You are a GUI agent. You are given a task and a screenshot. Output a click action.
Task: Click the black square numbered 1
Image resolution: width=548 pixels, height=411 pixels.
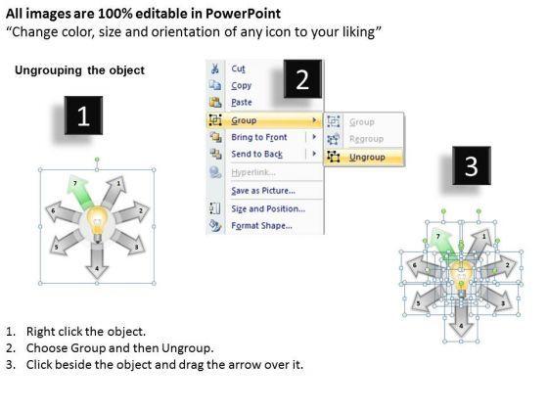click(83, 115)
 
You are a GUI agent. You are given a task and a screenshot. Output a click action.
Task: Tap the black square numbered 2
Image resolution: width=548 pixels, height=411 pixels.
click(302, 79)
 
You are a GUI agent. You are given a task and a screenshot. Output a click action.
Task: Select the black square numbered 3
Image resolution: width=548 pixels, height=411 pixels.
click(472, 165)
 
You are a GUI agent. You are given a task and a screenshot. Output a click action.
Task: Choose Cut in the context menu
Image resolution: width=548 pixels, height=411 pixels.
click(238, 68)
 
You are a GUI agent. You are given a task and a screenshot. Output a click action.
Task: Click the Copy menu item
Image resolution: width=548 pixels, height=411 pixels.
click(241, 86)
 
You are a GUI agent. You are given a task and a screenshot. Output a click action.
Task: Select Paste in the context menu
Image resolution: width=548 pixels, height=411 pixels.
click(242, 103)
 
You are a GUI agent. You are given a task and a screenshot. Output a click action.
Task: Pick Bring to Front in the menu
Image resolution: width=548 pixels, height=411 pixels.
click(259, 137)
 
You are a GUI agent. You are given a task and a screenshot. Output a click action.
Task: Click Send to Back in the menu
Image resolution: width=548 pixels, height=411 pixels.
click(256, 155)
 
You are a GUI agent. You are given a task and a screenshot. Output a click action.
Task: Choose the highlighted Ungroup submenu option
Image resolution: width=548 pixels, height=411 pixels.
click(367, 158)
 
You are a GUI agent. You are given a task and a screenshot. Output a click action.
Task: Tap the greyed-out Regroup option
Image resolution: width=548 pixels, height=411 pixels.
click(366, 139)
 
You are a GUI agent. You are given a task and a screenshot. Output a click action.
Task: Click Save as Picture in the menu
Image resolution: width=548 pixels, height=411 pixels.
click(263, 191)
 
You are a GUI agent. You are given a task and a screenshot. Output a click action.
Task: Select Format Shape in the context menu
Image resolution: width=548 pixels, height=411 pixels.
click(261, 226)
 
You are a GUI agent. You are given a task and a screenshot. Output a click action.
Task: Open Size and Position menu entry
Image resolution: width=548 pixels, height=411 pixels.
click(268, 209)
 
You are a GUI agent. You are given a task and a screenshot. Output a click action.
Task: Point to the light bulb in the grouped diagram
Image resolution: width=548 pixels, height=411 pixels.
click(98, 224)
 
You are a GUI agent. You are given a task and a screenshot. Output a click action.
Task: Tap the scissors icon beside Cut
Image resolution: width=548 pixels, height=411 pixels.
click(215, 68)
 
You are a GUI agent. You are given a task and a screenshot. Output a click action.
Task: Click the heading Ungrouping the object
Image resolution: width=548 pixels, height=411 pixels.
click(79, 70)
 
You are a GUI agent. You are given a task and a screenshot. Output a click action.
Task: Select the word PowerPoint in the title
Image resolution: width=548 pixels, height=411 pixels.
click(243, 14)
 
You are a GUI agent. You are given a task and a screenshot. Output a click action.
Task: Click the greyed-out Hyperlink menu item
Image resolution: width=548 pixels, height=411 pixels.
click(253, 172)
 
